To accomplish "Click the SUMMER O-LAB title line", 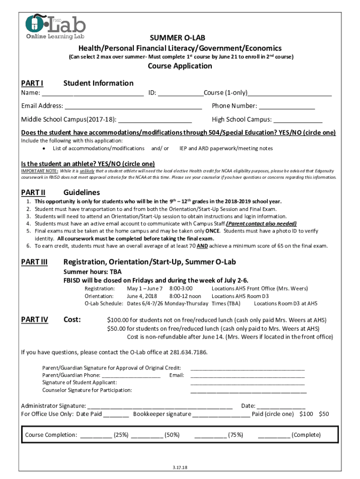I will point(180,38).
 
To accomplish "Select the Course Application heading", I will point(180,66).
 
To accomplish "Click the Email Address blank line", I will point(133,106).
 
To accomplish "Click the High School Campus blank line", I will point(298,119).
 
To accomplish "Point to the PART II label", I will point(33,192).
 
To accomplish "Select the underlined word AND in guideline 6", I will point(202,246).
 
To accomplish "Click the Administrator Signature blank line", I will point(160,406).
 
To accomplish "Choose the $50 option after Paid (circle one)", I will point(324,414).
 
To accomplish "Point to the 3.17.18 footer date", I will point(180,467).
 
